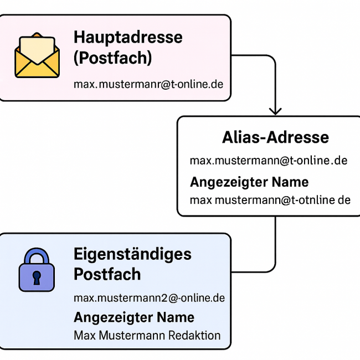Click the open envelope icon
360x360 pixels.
[37, 55]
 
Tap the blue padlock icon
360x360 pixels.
[37, 270]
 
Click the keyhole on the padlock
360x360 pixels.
[37, 278]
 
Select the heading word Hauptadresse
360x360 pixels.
[128, 38]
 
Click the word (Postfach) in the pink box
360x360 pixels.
[113, 58]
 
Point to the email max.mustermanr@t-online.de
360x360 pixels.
[148, 84]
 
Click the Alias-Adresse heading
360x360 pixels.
[275, 137]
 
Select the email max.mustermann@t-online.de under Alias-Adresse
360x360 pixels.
[269, 161]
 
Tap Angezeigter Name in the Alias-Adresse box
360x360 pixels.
[249, 182]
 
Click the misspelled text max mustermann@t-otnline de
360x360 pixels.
[270, 200]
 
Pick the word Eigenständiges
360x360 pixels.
[132, 255]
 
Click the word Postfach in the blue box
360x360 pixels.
[107, 274]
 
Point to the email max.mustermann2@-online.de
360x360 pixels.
[149, 298]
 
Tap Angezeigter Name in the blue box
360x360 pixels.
[134, 317]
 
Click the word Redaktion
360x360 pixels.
[194, 336]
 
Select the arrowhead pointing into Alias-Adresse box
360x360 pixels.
[275, 111]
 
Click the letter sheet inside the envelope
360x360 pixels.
[37, 49]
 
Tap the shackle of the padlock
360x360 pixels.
[37, 255]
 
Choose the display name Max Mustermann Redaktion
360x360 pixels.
[147, 336]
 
